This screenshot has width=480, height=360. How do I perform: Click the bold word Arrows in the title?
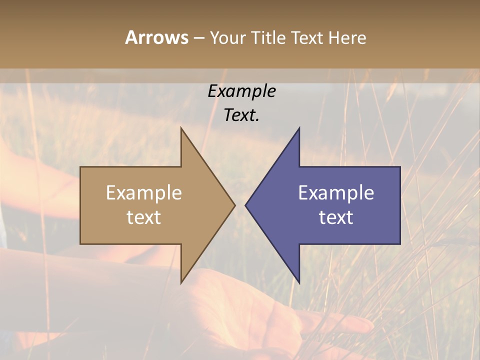click(156, 37)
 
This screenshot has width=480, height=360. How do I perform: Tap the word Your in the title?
click(228, 37)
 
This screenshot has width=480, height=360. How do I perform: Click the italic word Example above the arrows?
click(241, 91)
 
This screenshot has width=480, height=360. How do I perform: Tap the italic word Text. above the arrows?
click(241, 115)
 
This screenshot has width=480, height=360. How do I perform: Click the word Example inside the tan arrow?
click(143, 192)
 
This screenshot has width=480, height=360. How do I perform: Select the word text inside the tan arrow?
click(143, 217)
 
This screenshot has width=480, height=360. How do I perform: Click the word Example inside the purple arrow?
click(336, 192)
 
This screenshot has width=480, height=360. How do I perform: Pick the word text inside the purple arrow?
click(336, 217)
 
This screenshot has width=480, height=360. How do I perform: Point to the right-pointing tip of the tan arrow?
click(234, 205)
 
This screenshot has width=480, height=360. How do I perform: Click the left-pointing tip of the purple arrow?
click(246, 205)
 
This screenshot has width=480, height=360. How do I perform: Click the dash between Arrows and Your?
click(198, 38)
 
